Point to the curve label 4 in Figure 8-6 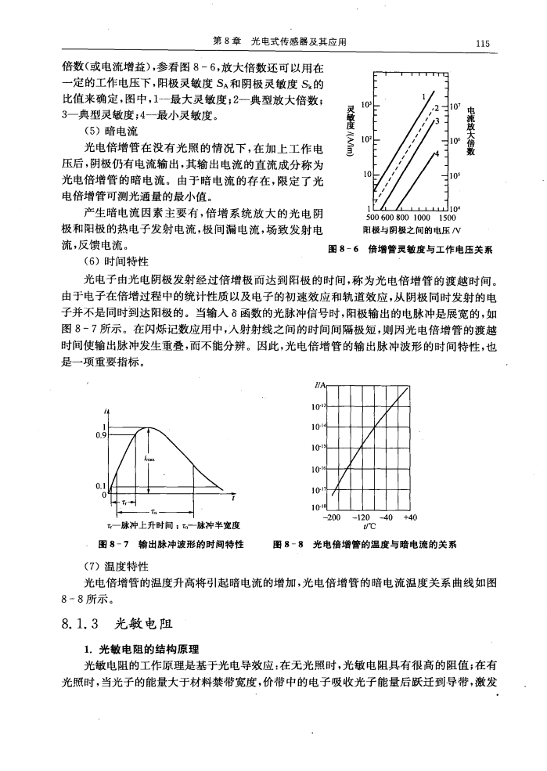[436, 152]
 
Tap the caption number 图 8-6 [345, 250]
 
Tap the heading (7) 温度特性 [114, 566]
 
